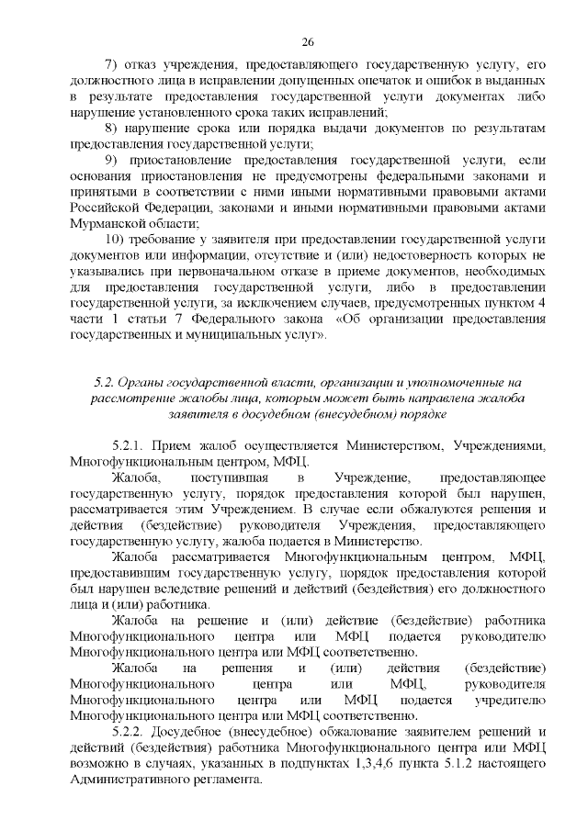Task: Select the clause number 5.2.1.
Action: (x=128, y=445)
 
